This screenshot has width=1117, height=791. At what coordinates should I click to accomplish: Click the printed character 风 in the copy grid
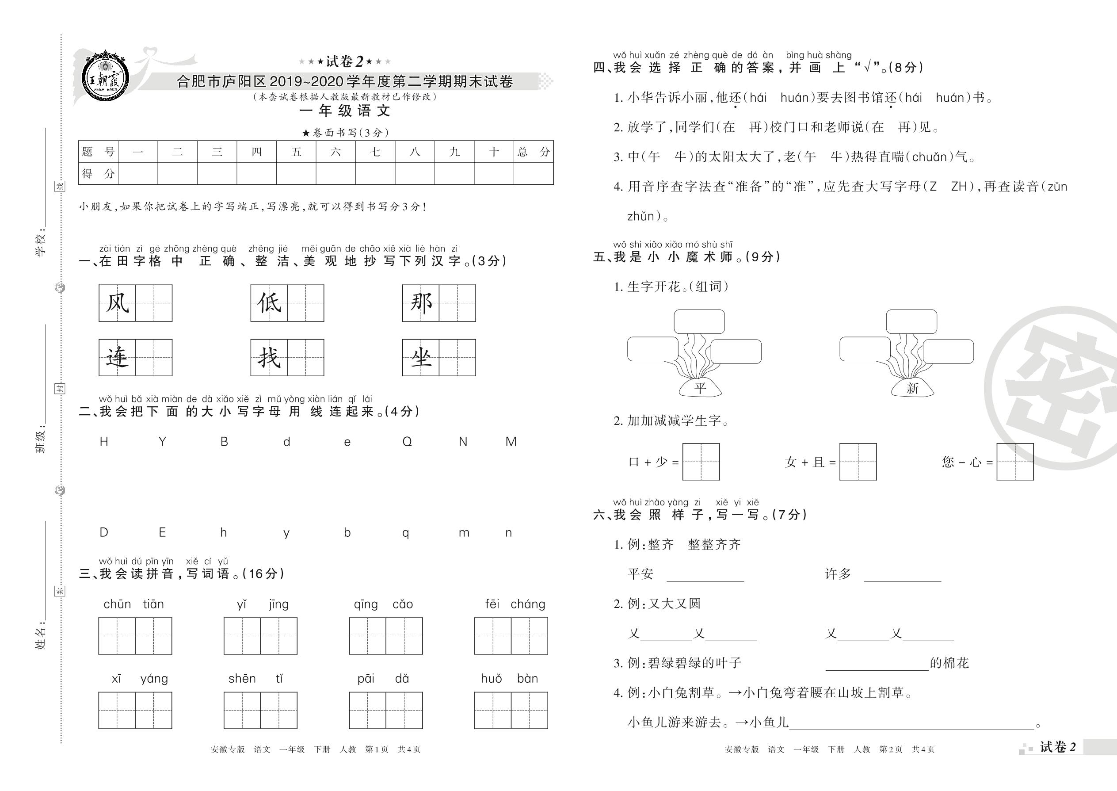point(117,303)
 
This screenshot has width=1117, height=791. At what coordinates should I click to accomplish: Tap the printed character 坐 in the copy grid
point(421,358)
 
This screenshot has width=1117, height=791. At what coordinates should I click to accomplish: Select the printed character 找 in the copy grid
point(269,358)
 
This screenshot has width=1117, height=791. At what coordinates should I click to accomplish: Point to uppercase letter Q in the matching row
point(407,442)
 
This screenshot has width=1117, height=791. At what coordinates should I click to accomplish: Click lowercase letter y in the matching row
point(286,533)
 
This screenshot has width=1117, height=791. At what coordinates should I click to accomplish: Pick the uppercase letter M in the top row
point(511,442)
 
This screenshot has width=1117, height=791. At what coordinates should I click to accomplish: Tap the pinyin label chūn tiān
point(134,604)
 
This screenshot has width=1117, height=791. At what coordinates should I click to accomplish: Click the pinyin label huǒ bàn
point(509,679)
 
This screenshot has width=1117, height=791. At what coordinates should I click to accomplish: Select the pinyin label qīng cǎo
point(383,604)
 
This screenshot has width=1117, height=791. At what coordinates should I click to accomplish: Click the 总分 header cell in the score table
point(534,152)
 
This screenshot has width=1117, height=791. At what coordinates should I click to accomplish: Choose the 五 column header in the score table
point(296,152)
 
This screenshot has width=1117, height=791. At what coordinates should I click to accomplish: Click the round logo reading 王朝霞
point(106,78)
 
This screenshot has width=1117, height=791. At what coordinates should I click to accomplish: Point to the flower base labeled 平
point(700,388)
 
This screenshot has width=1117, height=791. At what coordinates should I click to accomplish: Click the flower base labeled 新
point(912,388)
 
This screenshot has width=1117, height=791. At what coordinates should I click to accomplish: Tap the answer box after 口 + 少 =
point(701,462)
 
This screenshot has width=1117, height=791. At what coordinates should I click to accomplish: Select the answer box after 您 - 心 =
point(1015,462)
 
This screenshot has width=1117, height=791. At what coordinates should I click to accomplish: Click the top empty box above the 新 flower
point(911,321)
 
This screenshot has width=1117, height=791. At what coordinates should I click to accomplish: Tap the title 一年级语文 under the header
point(345,111)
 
